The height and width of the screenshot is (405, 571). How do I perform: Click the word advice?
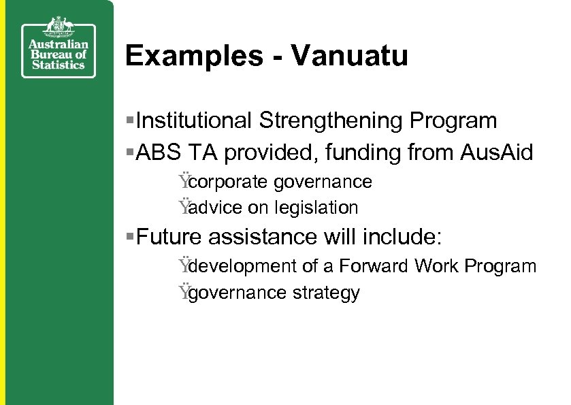click(213, 208)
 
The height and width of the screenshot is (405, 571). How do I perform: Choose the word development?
click(239, 266)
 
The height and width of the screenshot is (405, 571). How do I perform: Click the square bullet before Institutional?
click(131, 121)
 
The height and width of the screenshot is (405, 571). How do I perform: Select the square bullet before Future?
click(131, 238)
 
